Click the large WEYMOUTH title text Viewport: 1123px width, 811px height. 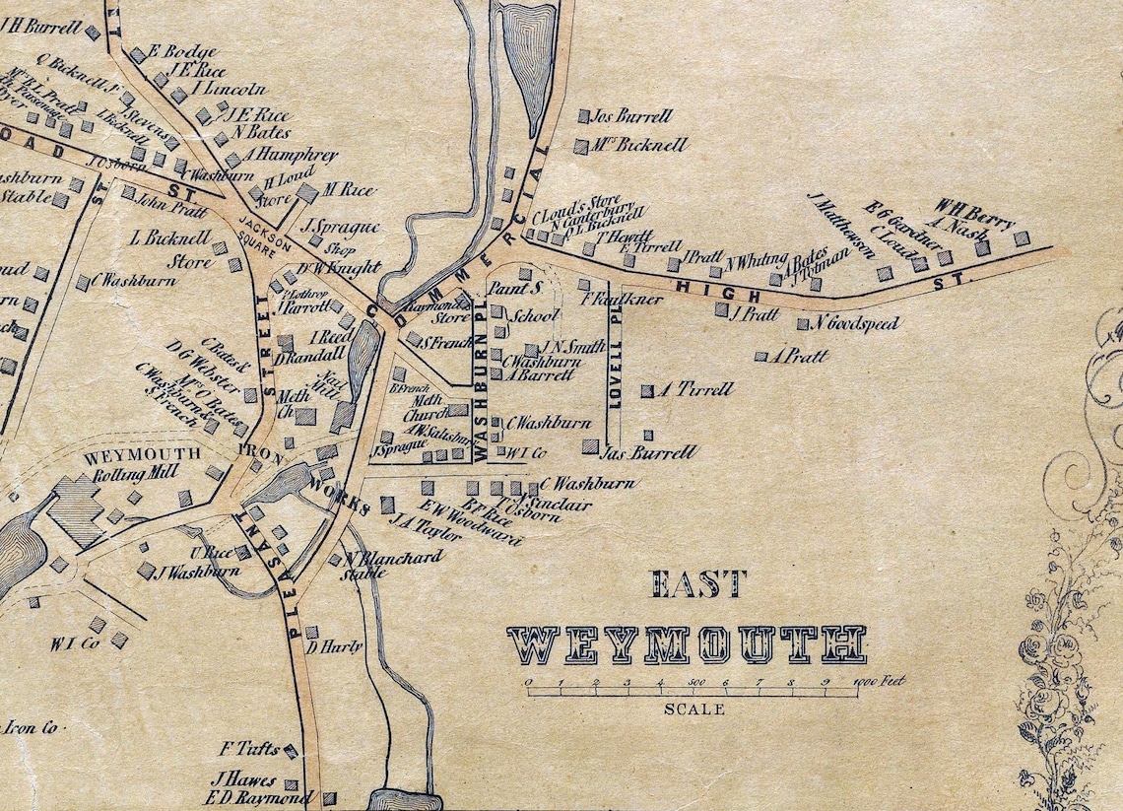click(x=687, y=643)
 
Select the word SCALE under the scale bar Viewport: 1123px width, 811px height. click(x=694, y=710)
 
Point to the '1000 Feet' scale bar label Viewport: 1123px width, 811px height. click(x=880, y=681)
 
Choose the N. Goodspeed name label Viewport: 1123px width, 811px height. click(x=856, y=323)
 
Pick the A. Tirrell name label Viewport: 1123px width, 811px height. click(x=696, y=389)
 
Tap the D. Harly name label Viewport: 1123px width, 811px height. click(x=335, y=647)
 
